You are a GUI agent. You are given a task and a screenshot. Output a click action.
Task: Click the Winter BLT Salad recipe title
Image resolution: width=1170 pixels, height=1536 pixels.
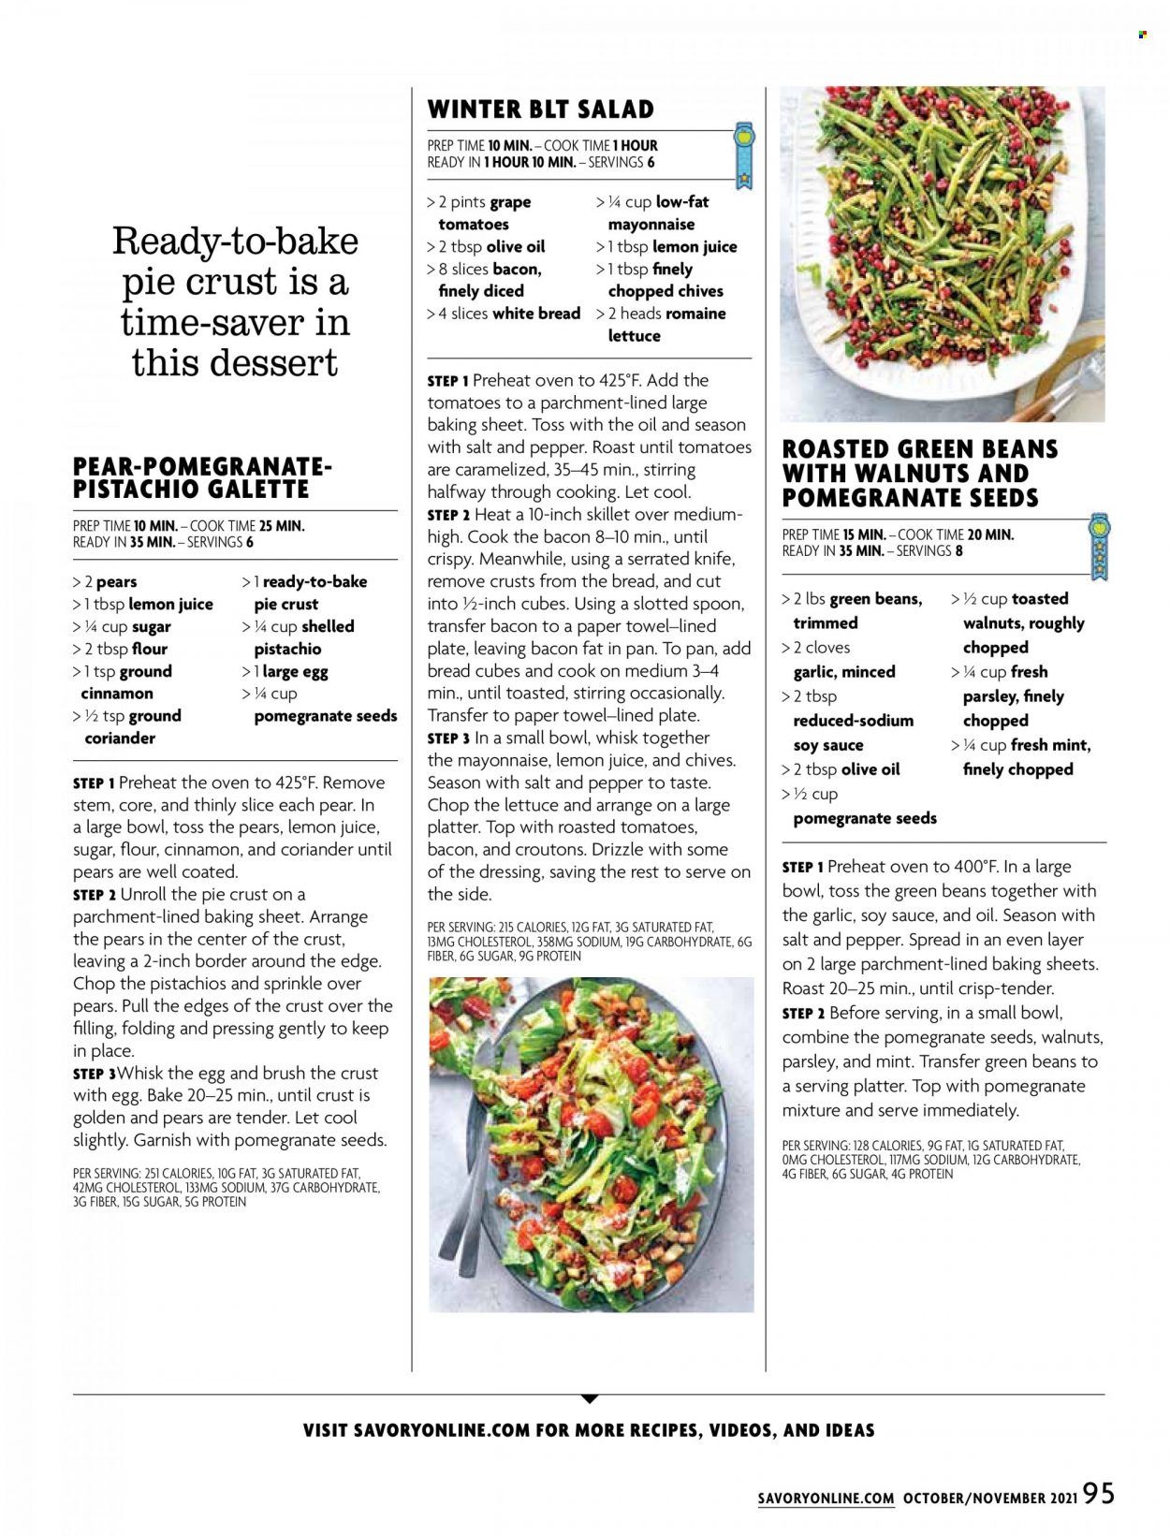point(540,110)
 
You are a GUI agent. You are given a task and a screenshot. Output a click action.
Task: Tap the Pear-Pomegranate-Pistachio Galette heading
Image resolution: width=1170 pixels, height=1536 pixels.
point(202,477)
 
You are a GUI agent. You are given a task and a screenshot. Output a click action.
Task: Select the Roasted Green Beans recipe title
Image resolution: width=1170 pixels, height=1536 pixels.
point(920,474)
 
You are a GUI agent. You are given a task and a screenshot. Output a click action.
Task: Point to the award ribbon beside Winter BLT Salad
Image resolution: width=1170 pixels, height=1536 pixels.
point(743,153)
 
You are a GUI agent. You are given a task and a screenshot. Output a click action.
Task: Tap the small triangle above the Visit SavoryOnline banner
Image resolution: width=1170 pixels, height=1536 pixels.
point(588,1399)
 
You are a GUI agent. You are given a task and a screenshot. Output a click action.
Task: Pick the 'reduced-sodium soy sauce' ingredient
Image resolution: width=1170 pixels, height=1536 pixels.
point(853,733)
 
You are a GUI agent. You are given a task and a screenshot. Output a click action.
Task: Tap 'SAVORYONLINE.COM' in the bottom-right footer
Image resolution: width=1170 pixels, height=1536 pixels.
point(826,1499)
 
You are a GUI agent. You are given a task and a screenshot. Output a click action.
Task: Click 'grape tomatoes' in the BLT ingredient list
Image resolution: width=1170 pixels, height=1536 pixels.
point(485,212)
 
